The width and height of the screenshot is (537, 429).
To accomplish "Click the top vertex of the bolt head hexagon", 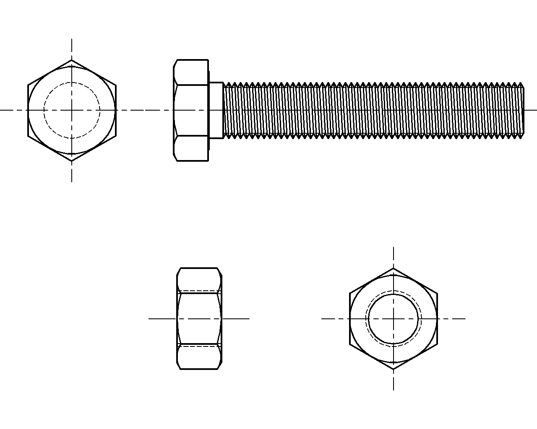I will tap(72, 60).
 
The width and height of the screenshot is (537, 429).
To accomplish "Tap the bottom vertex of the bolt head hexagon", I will tap(72, 160).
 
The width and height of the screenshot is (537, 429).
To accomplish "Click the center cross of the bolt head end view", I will tap(72, 110).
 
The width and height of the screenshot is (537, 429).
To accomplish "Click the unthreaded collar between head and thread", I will tap(216, 110).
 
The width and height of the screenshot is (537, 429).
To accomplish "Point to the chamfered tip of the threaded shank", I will tap(522, 110).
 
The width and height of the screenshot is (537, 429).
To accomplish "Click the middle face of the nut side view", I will tap(199, 318).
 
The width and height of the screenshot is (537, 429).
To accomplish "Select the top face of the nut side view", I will tap(199, 279).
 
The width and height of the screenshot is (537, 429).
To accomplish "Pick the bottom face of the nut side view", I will tap(199, 357).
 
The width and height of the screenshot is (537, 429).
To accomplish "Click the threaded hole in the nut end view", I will tap(393, 319).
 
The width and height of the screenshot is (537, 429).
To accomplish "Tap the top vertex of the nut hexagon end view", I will tap(393, 269).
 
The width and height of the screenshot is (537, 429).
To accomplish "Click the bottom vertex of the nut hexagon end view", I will tap(393, 369).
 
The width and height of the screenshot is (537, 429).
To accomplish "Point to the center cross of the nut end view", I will tap(393, 319).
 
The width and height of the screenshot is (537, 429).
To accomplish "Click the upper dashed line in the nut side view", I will tap(199, 290).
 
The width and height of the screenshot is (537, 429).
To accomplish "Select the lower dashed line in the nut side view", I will tap(199, 346).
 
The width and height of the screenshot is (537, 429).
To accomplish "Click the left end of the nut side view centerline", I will tap(149, 318).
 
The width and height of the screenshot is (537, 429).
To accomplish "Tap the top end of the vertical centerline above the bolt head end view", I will tap(72, 39).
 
